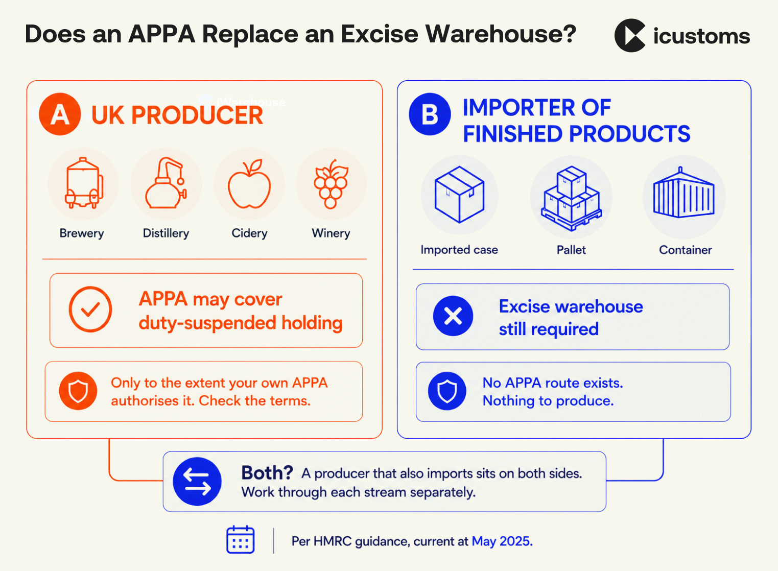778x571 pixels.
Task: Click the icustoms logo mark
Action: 630,35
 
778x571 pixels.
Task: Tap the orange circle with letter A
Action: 60,114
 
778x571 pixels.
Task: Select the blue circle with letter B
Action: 430,114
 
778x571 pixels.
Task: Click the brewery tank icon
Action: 84,183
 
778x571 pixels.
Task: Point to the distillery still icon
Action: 166,183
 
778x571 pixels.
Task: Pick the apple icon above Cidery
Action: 249,184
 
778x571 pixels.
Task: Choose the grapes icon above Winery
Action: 331,184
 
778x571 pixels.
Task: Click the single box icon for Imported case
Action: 459,194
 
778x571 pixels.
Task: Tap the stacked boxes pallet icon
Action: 571,198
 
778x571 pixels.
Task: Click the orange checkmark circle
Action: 90,309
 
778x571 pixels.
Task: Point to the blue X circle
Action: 453,316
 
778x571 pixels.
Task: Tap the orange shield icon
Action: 78,391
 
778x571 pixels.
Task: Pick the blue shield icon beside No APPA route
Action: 447,391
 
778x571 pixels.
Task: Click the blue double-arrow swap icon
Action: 197,482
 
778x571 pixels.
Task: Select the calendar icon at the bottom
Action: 240,539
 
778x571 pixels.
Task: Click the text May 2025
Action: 502,541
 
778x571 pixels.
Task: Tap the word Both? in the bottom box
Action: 267,473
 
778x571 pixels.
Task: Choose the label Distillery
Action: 166,233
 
